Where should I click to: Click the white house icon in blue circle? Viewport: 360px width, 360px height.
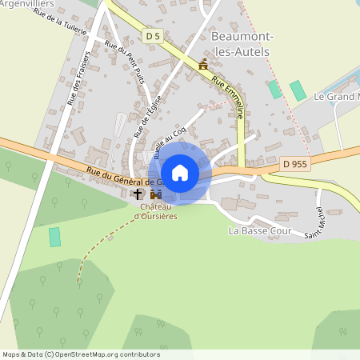pos(180,172)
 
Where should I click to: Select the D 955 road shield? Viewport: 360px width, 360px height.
pos(295,163)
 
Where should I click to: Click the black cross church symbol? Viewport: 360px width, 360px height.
pos(138,194)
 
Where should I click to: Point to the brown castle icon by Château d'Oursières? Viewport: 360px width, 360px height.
pos(155,194)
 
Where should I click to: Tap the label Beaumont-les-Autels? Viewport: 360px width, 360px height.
pos(240,43)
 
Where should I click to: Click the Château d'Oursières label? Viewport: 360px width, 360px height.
pos(154,210)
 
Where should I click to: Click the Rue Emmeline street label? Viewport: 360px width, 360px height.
pos(228,97)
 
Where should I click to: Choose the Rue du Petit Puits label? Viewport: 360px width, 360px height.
pos(127,63)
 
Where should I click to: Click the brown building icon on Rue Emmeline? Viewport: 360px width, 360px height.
pos(203,65)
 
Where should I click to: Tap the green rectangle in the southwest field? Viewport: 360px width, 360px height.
pos(54,237)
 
